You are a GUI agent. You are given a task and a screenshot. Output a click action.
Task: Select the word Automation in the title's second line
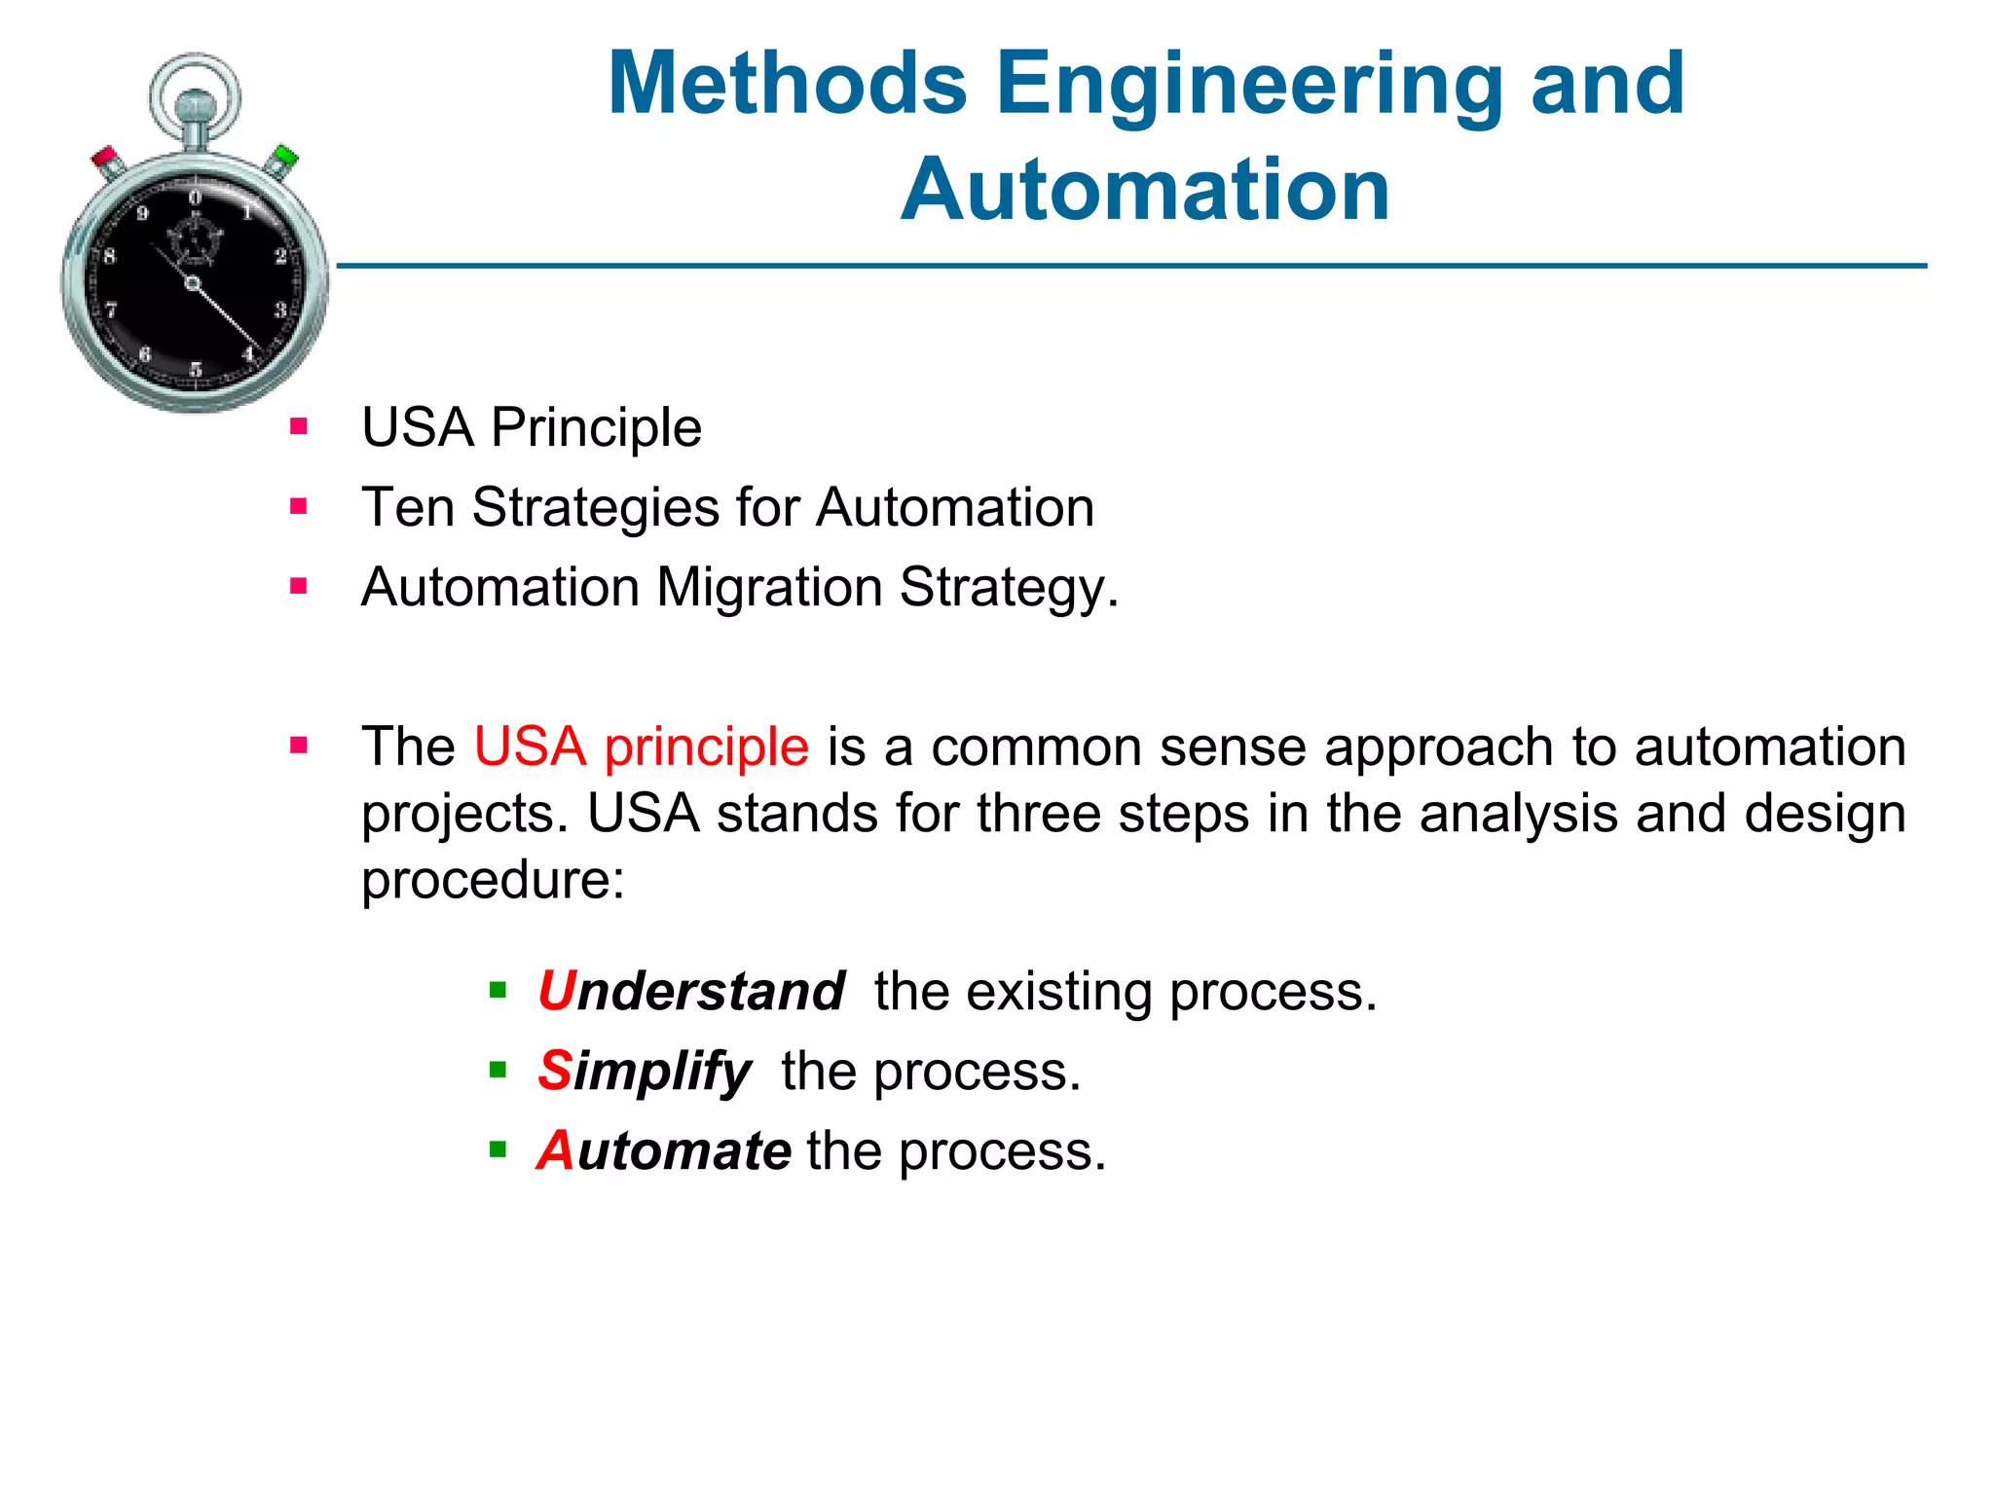pos(1145,190)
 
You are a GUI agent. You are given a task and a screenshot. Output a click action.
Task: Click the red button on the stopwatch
pos(105,160)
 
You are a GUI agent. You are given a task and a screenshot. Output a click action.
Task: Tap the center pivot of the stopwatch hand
pos(193,283)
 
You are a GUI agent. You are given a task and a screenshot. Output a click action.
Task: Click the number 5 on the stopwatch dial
pos(196,369)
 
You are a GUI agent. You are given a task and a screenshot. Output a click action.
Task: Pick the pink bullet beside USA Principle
pos(299,426)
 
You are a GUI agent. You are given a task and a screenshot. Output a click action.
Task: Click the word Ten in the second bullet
pos(408,507)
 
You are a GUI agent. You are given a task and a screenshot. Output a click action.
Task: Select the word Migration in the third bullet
pos(769,587)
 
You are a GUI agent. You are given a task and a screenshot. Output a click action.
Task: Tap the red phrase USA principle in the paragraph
pos(641,747)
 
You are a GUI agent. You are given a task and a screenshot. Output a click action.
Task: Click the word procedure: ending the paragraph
pos(493,880)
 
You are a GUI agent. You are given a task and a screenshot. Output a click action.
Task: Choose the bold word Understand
pos(691,991)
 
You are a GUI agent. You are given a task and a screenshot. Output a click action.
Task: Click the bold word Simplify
pos(645,1072)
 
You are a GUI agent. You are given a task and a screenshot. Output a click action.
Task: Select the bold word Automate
pos(664,1150)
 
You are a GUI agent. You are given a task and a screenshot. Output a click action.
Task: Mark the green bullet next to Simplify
pos(498,1071)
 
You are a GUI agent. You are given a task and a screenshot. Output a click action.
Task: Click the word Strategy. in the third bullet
pos(1009,587)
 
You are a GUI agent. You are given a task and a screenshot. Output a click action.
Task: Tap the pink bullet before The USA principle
pos(299,746)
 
